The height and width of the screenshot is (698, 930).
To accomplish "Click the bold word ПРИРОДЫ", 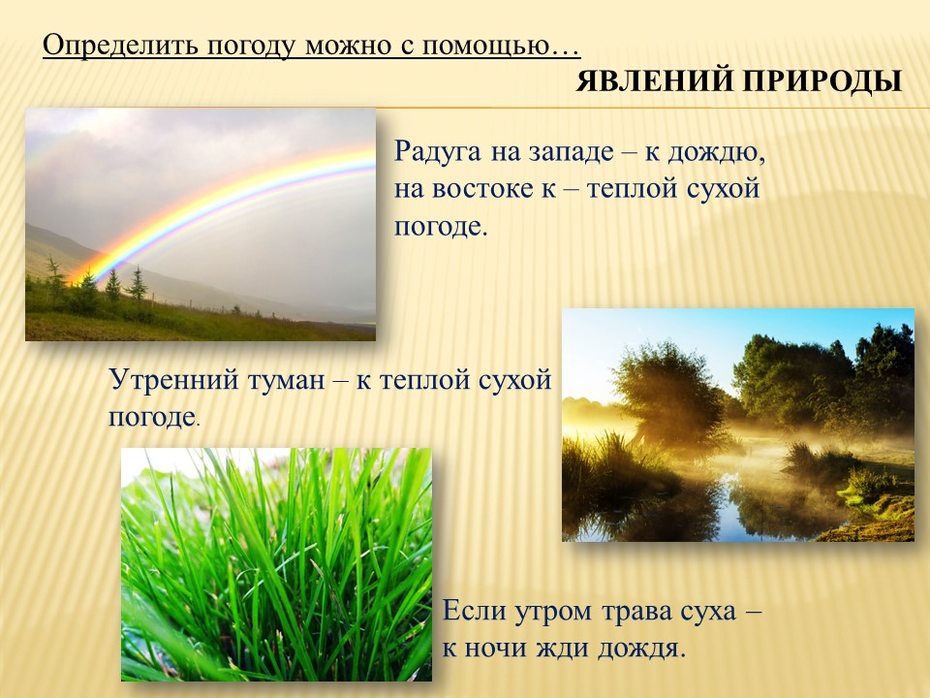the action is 822,80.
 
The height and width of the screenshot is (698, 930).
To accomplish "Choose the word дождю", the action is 717,153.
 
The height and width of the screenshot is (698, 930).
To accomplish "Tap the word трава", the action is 635,613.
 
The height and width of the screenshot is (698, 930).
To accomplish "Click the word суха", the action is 709,613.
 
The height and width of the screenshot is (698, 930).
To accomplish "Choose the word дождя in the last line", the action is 640,649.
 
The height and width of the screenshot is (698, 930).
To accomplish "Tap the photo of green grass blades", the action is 276,564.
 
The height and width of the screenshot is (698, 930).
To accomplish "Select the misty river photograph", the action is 738,425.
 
